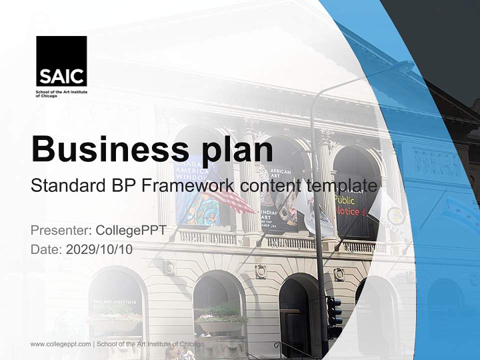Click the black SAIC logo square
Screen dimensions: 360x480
(x=61, y=61)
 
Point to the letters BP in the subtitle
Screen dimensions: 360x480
(x=125, y=186)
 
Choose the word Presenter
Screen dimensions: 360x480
(x=60, y=230)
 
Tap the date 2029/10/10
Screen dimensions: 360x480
(x=99, y=249)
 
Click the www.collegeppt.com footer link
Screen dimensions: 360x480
(x=60, y=344)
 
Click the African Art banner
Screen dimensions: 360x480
(x=280, y=200)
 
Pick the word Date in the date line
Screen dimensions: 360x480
(x=46, y=249)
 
